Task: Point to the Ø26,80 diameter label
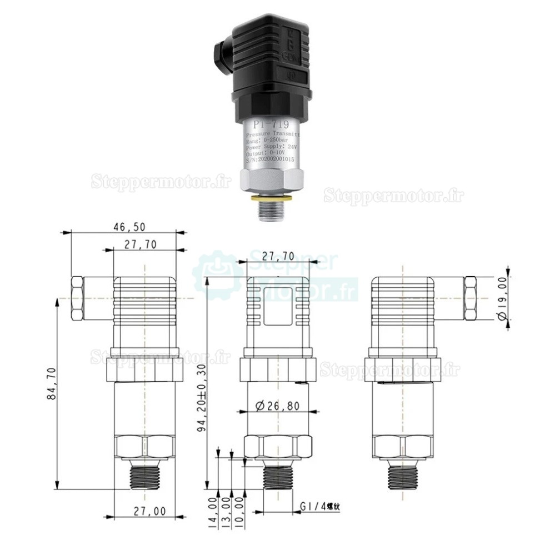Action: pos(278,406)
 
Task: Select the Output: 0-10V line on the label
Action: pos(267,152)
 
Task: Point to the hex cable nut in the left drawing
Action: pos(78,298)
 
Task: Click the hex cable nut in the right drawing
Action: pos(469,298)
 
